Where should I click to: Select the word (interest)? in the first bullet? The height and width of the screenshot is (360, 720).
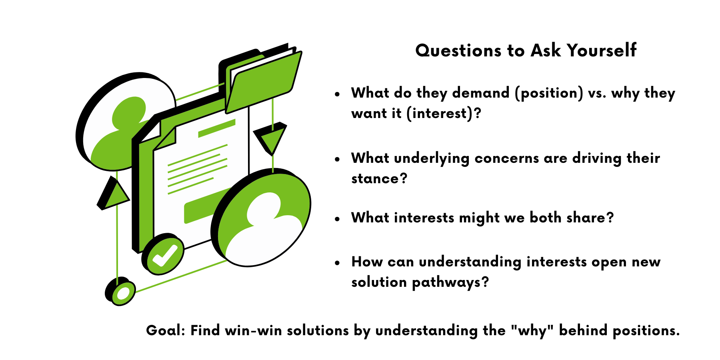(x=444, y=114)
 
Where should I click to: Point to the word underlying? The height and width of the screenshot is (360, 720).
(x=432, y=158)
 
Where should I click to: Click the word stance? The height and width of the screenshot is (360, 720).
(x=379, y=178)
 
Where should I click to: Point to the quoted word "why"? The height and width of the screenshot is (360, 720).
(x=532, y=331)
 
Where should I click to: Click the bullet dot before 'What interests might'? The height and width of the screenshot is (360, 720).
(x=338, y=219)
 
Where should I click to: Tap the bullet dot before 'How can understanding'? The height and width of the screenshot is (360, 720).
(x=338, y=263)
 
